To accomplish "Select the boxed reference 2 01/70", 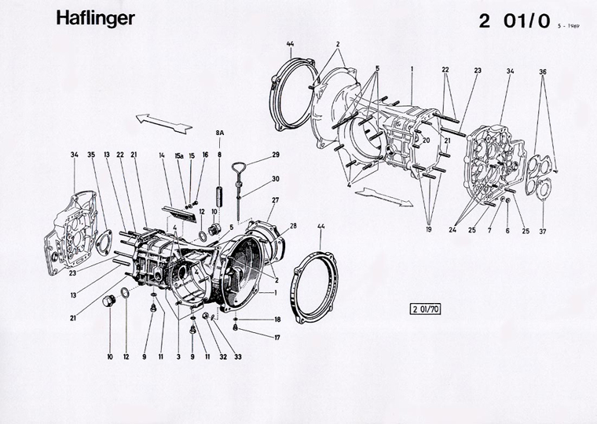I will pyautogui.click(x=424, y=308).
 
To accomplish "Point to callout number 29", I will pyautogui.click(x=276, y=155).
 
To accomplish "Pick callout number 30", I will pyautogui.click(x=276, y=180).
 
